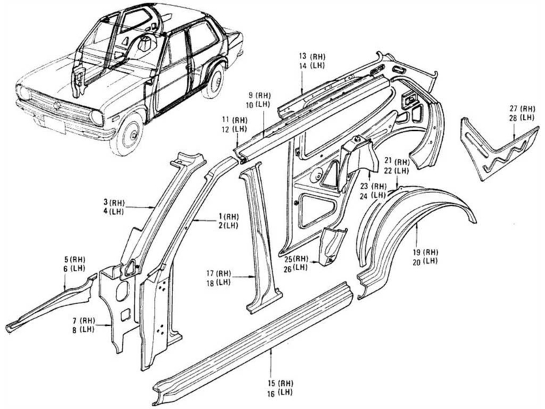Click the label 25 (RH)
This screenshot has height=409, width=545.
(297, 259)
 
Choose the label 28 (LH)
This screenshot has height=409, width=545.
(527, 118)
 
